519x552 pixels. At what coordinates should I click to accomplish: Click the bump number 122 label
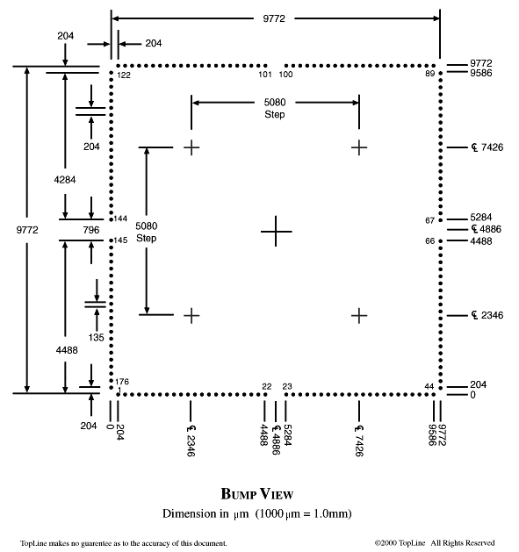[x=124, y=75]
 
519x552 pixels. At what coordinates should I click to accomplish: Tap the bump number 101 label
[x=265, y=75]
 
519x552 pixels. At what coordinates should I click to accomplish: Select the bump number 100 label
[x=285, y=75]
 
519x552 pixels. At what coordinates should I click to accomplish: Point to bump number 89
[x=429, y=73]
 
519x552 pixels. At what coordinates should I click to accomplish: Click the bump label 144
[x=120, y=219]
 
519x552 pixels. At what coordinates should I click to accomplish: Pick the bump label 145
[x=120, y=240]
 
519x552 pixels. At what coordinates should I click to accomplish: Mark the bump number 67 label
[x=429, y=220]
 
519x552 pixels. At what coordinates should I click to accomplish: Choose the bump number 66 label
[x=429, y=241]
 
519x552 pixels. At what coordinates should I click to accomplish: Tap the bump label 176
[x=122, y=382]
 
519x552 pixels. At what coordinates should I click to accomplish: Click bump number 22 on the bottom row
[x=267, y=386]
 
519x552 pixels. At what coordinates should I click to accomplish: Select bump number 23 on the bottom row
[x=287, y=386]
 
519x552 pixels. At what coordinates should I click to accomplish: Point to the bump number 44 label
[x=429, y=386]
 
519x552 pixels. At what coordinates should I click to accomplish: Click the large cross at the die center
[x=276, y=232]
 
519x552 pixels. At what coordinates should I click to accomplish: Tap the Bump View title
[x=257, y=494]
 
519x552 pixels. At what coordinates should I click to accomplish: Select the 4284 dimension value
[x=65, y=180]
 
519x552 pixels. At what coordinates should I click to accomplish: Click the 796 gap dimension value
[x=91, y=230]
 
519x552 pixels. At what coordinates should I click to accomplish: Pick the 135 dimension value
[x=97, y=337]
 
